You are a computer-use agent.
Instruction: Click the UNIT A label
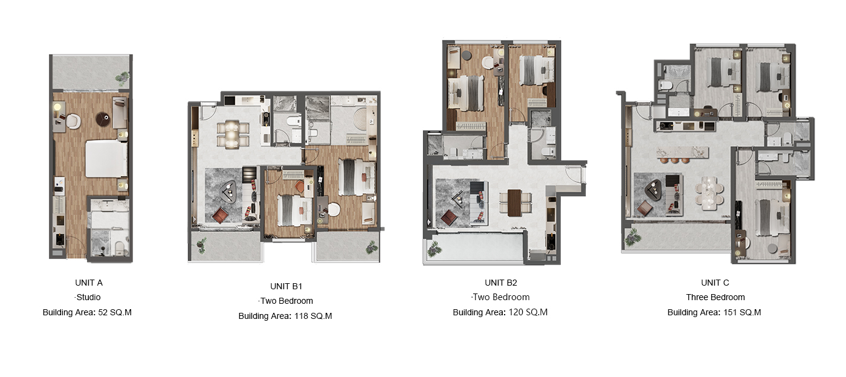89,283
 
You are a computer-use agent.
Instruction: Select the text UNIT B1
286,286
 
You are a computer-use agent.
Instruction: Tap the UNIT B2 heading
501,283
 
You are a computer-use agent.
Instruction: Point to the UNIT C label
715,283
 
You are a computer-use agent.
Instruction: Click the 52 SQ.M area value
115,312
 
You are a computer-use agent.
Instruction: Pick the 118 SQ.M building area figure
313,316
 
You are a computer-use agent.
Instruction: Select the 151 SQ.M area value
742,312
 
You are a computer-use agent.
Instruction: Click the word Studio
88,297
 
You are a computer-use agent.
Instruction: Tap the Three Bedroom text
715,297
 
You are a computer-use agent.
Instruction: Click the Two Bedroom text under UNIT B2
501,297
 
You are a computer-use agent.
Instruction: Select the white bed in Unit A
106,159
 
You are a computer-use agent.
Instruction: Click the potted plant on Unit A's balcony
123,77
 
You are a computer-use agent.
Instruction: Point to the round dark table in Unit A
103,119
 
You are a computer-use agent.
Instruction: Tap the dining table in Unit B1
232,134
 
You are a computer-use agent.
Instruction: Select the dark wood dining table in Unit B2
514,203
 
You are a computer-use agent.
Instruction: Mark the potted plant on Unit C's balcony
633,237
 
